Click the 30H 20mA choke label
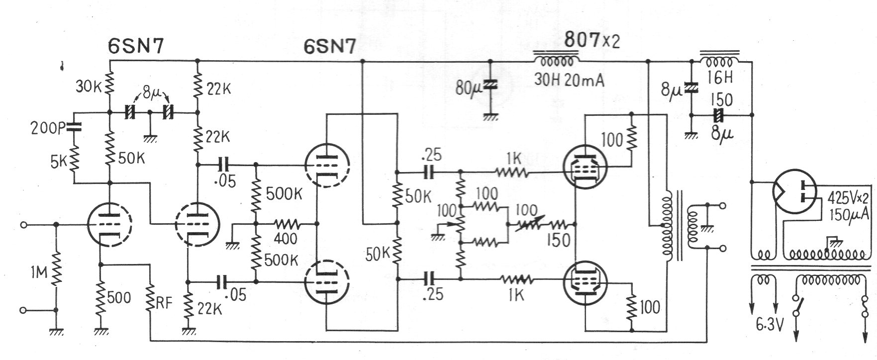569,80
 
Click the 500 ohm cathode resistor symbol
101,297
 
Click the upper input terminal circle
22,225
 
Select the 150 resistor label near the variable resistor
559,241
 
